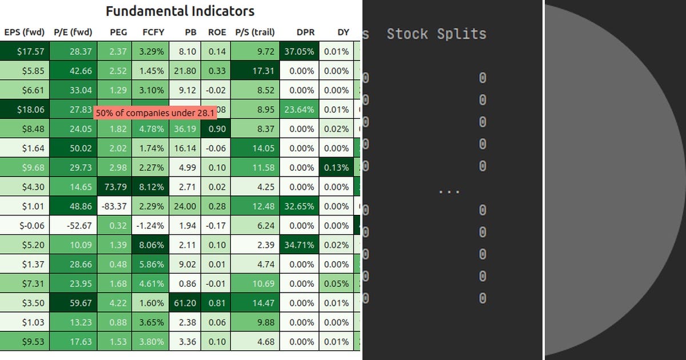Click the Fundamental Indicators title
point(180,11)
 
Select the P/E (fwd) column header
point(73,33)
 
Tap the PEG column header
point(118,33)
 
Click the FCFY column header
point(153,33)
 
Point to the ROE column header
point(217,33)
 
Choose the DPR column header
point(305,33)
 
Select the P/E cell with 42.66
point(73,71)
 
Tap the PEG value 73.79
point(118,187)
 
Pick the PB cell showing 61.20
point(185,303)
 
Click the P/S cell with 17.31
point(256,71)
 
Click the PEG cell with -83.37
point(118,206)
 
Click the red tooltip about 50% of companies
point(155,113)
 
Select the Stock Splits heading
point(436,34)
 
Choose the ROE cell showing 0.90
point(217,129)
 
